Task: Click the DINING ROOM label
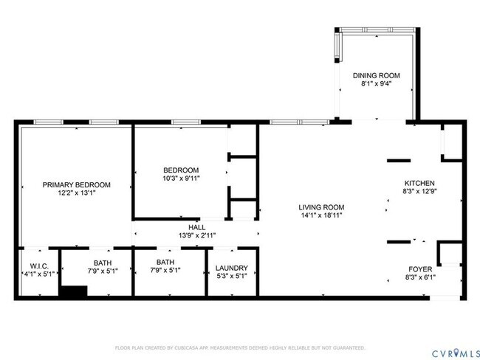[376, 75]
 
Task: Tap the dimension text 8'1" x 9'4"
[376, 84]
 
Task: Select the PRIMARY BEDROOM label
[76, 184]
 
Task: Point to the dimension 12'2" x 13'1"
[76, 193]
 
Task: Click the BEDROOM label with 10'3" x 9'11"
[181, 169]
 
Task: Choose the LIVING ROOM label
[321, 207]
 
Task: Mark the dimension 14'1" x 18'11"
[321, 216]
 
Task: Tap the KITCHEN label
[419, 183]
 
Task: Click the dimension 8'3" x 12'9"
[419, 192]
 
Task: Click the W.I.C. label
[39, 267]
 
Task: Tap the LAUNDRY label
[231, 268]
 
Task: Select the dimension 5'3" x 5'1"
[231, 277]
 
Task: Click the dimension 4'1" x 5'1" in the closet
[39, 276]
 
